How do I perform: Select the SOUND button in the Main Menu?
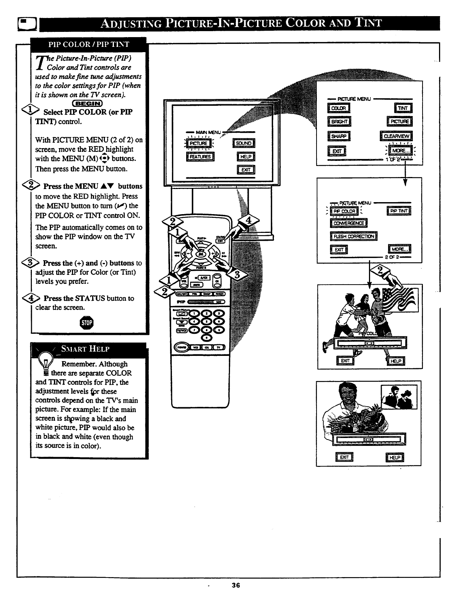(x=243, y=143)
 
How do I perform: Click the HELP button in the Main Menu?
(x=246, y=157)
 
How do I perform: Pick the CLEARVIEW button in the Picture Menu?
(x=396, y=136)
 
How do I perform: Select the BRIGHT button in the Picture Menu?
(x=339, y=121)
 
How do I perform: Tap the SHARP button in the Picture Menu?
(x=339, y=136)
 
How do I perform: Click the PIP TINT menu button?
(x=399, y=211)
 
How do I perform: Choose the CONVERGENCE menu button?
(x=348, y=223)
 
